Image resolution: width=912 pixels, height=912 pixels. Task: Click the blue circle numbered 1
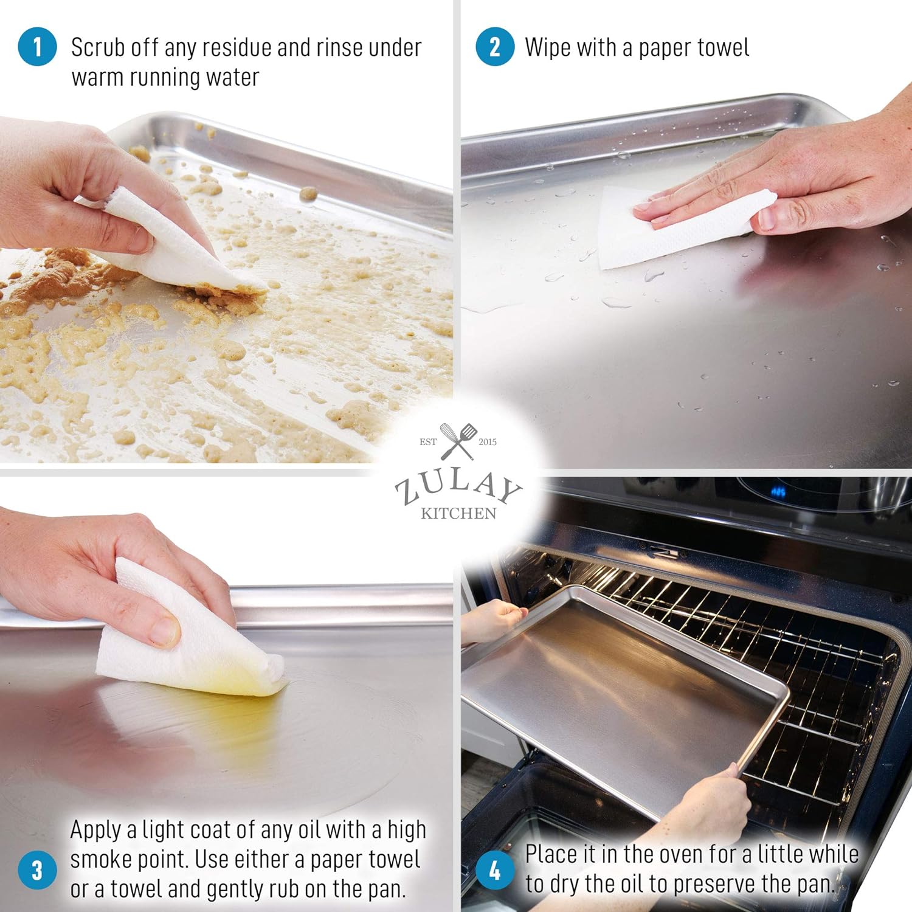pos(37,47)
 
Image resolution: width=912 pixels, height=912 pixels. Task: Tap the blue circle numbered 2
pos(495,47)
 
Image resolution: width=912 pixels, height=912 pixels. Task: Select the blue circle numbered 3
pos(37,870)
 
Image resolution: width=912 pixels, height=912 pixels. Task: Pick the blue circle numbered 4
pos(495,870)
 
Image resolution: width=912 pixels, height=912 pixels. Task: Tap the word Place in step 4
pos(552,854)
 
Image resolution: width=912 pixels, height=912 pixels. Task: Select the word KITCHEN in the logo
pos(458,514)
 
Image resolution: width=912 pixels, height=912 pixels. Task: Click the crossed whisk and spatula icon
pos(458,441)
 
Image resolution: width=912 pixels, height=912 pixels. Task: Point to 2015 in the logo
pos(488,442)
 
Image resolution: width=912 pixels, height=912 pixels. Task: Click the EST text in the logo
pos(428,442)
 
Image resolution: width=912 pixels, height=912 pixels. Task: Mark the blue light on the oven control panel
pos(778,491)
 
